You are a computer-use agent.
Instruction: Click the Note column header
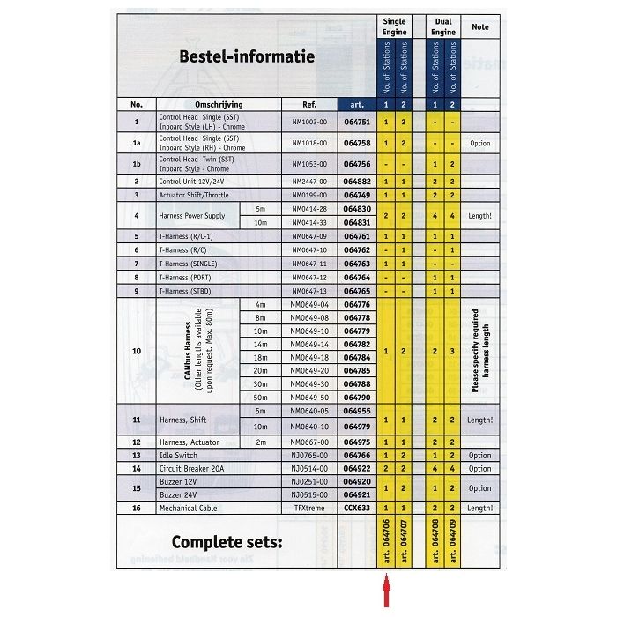pos(480,27)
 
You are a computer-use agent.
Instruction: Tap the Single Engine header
pos(395,26)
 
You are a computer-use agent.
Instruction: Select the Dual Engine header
pos(443,26)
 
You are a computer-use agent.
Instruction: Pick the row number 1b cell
pos(136,164)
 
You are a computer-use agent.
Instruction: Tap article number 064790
pos(356,397)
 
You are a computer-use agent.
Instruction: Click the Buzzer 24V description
pos(180,495)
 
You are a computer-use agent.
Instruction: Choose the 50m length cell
pos(260,397)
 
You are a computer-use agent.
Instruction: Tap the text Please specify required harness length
pos(480,350)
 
